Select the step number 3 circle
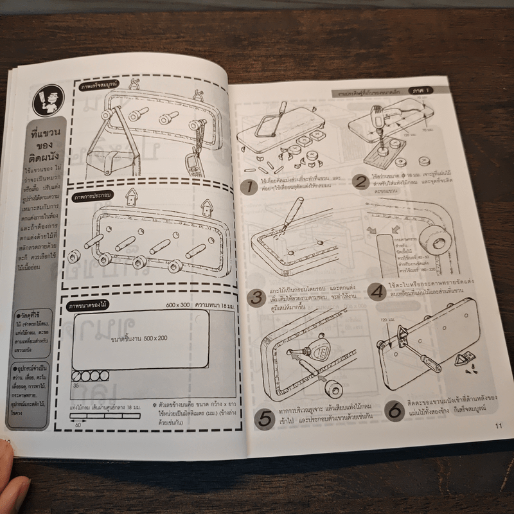click(x=256, y=297)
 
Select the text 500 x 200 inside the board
click(x=132, y=337)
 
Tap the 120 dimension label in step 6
click(x=385, y=320)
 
